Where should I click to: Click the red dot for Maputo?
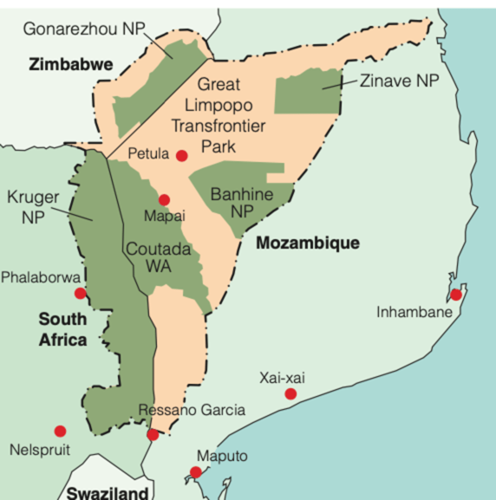click(x=195, y=472)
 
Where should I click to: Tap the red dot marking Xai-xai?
click(x=291, y=394)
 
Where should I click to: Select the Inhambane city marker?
click(x=456, y=295)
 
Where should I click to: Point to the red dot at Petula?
click(x=182, y=156)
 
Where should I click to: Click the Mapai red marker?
click(x=164, y=200)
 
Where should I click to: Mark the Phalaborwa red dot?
click(x=80, y=293)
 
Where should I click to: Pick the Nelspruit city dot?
click(x=60, y=431)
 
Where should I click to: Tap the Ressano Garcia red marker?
click(x=153, y=435)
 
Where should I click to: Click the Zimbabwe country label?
click(x=71, y=65)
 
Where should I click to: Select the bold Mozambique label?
click(x=308, y=243)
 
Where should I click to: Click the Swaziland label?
click(x=108, y=493)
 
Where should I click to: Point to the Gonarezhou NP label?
click(x=84, y=29)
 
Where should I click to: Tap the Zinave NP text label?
click(x=399, y=81)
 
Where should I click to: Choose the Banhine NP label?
click(x=242, y=202)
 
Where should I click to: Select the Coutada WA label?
click(x=158, y=257)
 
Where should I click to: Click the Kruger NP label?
click(x=33, y=207)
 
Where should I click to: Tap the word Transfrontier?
click(x=218, y=126)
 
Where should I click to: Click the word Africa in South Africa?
click(x=63, y=340)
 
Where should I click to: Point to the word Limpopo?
click(x=218, y=105)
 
